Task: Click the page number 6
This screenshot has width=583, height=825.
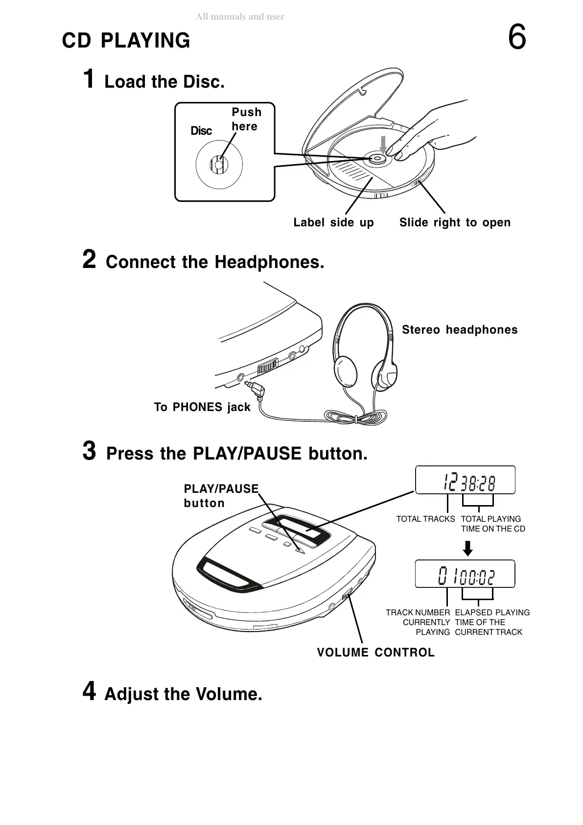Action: pos(517,38)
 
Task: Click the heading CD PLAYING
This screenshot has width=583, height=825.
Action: pos(126,41)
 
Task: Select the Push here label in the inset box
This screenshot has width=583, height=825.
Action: pos(246,119)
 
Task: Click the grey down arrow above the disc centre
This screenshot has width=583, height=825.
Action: pos(383,144)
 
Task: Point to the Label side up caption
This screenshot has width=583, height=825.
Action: pos(333,222)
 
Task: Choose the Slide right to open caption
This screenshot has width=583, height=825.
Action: pos(455,222)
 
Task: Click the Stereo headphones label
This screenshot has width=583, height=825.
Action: pos(460,330)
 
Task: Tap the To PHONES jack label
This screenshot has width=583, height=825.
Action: pos(202,407)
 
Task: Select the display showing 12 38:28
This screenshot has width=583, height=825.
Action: pos(465,481)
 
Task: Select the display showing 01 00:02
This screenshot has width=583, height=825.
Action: pos(465,574)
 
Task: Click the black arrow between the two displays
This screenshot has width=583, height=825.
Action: pos(468,548)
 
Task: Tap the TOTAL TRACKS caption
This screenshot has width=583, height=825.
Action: pos(425,519)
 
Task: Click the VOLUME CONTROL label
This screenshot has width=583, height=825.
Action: pos(375,653)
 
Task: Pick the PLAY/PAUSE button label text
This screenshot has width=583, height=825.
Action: pos(221,496)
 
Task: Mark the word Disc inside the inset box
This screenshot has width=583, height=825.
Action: pos(201,131)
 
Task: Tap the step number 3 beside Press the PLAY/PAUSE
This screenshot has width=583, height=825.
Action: pos(89,451)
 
